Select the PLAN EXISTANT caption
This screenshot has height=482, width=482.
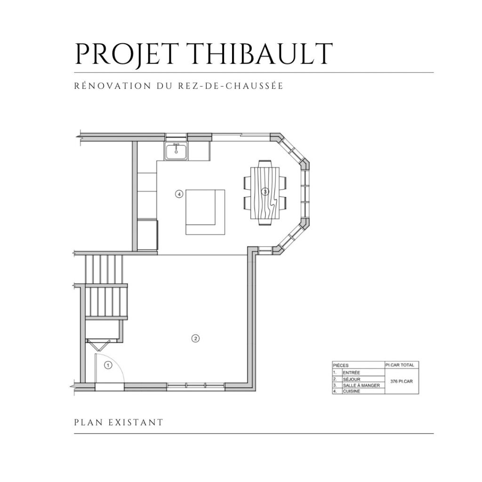(119, 422)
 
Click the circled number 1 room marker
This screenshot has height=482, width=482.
(108, 365)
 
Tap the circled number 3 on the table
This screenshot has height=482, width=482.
(265, 192)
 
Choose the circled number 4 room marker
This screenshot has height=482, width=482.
(179, 193)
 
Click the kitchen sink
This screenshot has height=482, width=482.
(177, 151)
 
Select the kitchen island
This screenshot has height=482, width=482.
(205, 212)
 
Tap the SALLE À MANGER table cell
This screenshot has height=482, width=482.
(361, 385)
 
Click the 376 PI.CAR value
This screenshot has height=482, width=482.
(402, 381)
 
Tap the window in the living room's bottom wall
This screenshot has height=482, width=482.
(195, 386)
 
